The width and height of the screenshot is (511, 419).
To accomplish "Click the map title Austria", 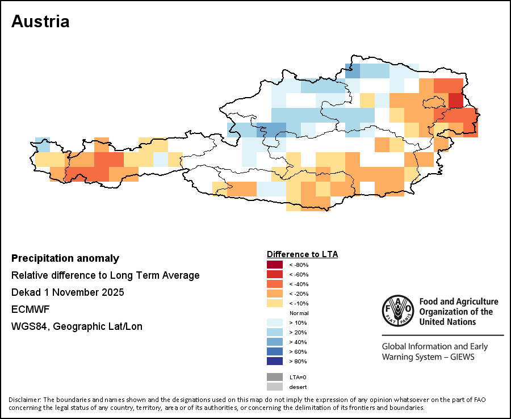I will (40, 22).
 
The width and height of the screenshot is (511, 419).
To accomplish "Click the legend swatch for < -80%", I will (274, 265).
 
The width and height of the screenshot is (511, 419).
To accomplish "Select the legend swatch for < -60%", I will (274, 274).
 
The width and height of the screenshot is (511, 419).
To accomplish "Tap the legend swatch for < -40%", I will (274, 284).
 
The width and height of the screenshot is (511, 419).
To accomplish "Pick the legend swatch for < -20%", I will (274, 294).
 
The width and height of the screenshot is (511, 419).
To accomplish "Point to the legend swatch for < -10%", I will (274, 303).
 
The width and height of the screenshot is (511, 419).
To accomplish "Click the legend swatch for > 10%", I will (274, 322).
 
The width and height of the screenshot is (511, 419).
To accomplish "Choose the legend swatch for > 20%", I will (274, 332).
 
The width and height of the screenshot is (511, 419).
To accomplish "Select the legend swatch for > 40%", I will (274, 342).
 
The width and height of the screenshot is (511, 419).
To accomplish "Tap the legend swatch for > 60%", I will (274, 351).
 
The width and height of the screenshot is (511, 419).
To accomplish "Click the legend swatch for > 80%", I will (274, 361).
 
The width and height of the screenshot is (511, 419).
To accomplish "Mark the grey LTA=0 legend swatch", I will (274, 377).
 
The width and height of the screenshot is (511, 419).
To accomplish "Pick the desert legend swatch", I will (274, 387).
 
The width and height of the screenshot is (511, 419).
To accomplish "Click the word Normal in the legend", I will (299, 313).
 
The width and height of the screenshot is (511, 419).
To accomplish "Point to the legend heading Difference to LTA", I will (302, 254).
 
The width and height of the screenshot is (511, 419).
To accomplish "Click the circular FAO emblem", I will (397, 311).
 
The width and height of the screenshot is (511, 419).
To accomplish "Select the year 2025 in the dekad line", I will (112, 292).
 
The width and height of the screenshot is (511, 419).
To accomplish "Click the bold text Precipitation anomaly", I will (65, 258).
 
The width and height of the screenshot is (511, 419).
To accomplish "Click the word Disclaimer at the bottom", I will (24, 400).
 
